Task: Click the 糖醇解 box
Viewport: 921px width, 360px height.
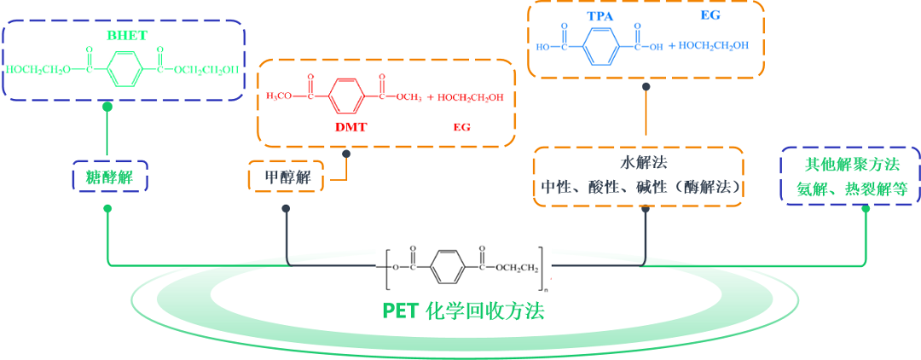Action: pos(110,178)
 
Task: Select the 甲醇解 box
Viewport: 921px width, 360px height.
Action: pos(287,178)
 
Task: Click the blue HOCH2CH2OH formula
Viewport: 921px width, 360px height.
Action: pos(714,45)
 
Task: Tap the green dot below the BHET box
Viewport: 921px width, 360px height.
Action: pos(107,107)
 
